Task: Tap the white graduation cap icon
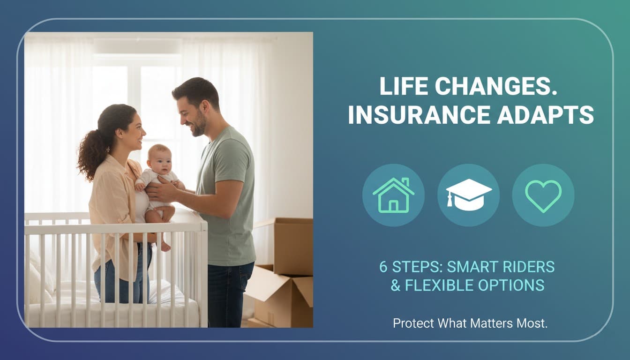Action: click(469, 195)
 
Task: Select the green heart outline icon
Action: click(543, 196)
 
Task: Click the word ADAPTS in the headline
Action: click(545, 114)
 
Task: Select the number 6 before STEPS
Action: click(383, 267)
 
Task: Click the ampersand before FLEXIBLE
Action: click(395, 285)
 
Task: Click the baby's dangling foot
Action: click(165, 247)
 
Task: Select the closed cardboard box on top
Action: click(293, 246)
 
